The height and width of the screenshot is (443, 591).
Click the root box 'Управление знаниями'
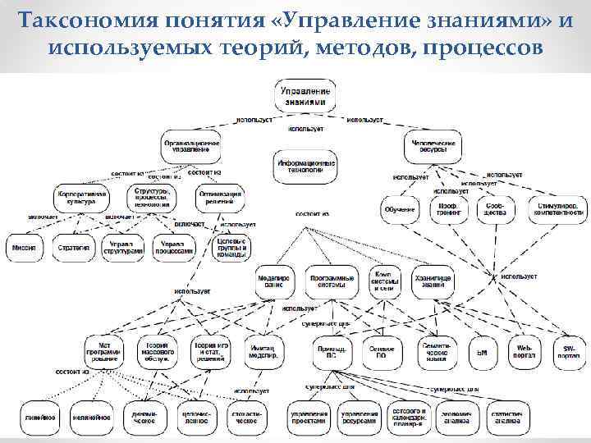point(305,95)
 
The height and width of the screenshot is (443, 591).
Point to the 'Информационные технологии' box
point(305,164)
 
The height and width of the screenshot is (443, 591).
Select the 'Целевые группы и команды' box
point(231,247)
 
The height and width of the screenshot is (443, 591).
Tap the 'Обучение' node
point(399,209)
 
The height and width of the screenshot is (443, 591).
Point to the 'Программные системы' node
point(332,281)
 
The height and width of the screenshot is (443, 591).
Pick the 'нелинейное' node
point(89,418)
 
